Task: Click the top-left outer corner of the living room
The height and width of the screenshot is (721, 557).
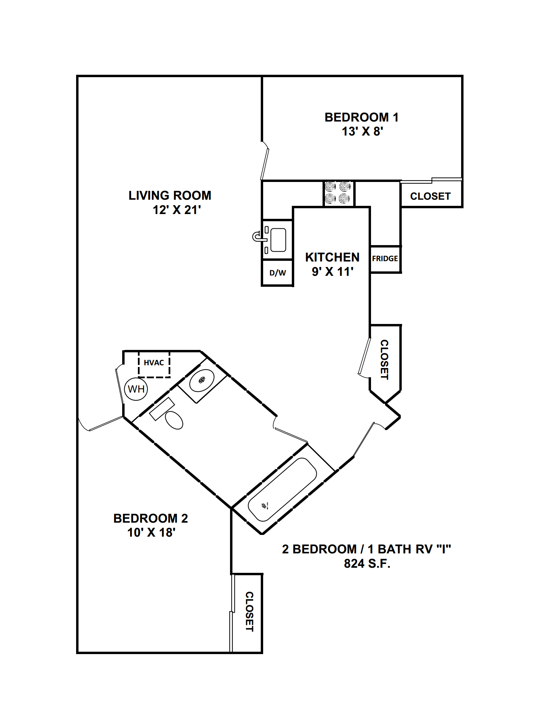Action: (x=77, y=76)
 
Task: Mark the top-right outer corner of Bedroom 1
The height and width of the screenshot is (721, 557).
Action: (x=462, y=76)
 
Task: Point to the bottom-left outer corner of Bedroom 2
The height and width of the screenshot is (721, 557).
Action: (x=77, y=653)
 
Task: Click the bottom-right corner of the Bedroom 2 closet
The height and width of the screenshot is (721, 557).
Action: (x=262, y=653)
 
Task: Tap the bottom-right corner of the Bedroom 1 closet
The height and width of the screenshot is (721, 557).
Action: (x=462, y=207)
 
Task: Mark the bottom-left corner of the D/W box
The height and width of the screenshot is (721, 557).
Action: (x=262, y=285)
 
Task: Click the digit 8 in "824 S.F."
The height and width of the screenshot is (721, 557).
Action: (x=347, y=564)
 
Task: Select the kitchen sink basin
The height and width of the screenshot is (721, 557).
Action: (x=278, y=240)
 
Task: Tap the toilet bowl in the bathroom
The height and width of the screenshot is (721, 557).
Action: (x=174, y=420)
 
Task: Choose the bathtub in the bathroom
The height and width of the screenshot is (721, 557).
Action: (x=282, y=490)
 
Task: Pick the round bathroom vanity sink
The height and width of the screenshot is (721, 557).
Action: (x=202, y=380)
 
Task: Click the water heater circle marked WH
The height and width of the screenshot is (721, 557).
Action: (x=136, y=389)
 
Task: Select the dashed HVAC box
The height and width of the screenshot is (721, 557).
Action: (x=154, y=364)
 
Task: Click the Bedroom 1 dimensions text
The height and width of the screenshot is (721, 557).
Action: (x=362, y=131)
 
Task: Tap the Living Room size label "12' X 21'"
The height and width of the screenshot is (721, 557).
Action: (x=176, y=210)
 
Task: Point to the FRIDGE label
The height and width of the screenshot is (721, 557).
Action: (x=385, y=258)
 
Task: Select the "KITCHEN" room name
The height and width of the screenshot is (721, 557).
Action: (x=332, y=257)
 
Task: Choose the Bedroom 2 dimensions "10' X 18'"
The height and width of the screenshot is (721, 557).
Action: (x=151, y=533)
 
